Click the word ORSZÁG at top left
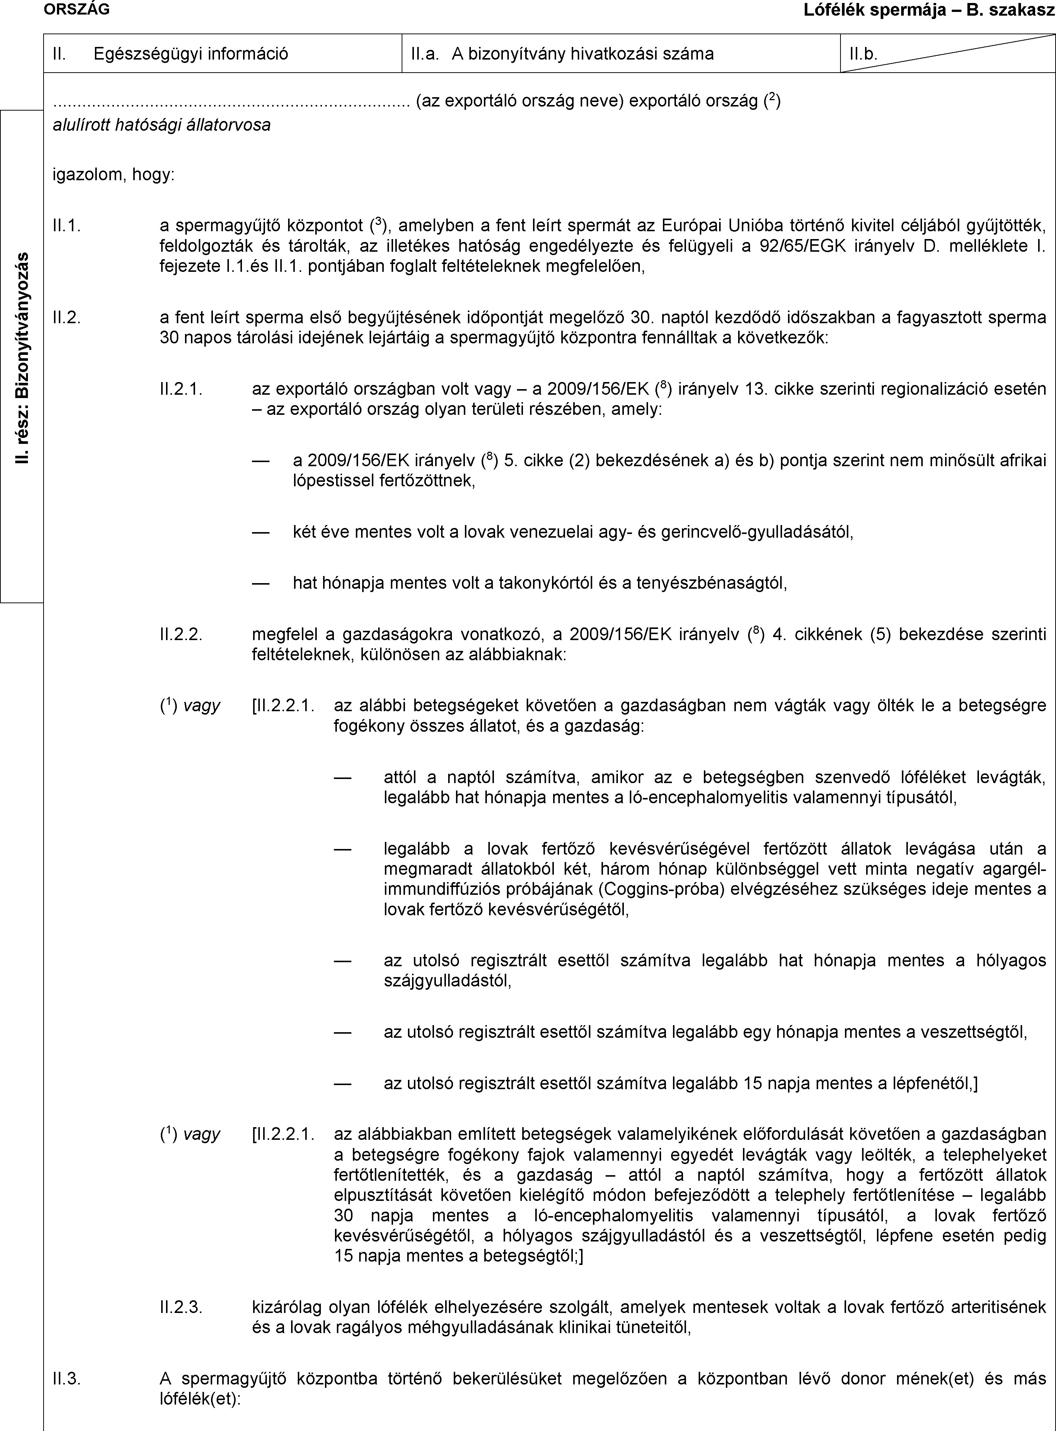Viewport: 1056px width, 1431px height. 76,9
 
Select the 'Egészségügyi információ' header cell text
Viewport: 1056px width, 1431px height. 191,54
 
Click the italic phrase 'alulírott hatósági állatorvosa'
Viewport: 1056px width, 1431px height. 161,125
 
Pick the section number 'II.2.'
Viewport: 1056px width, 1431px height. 67,317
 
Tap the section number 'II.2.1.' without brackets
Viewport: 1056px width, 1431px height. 182,389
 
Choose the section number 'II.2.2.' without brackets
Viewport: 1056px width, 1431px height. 182,634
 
